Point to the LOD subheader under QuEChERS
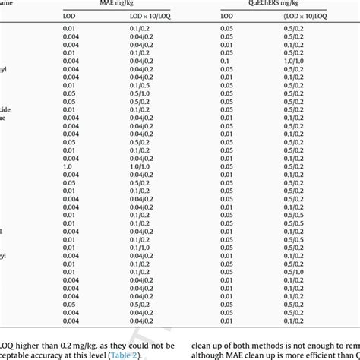(226, 16)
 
